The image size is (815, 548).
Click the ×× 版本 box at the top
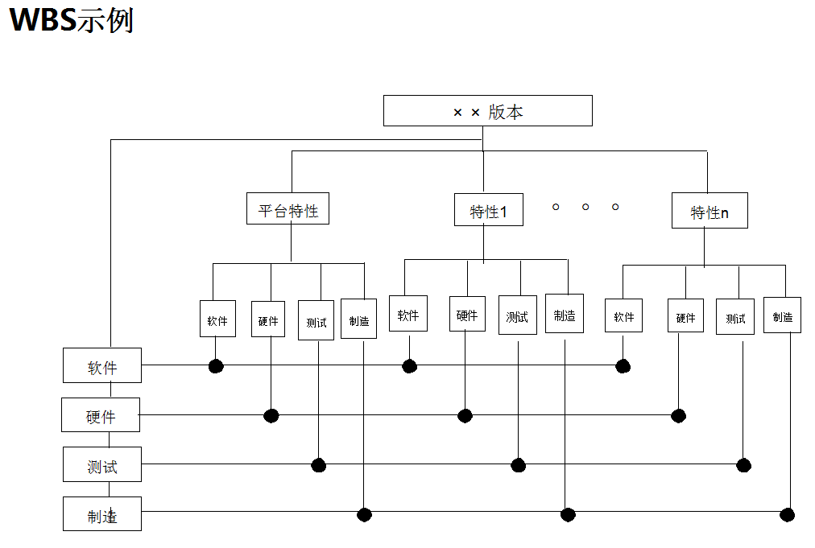pos(487,111)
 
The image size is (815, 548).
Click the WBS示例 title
pos(71,21)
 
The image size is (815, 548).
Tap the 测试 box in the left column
pos(102,464)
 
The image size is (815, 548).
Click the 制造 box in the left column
pos(102,513)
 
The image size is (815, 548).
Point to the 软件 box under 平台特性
pos(217,319)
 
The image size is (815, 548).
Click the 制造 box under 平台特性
pos(358,319)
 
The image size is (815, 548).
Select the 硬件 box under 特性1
pos(467,314)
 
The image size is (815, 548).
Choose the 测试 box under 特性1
pos(516,315)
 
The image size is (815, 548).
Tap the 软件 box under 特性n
pos(623,315)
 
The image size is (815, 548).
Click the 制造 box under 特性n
pos(782,315)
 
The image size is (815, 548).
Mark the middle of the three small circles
pos(585,207)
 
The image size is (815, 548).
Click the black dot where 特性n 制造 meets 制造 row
pos(788,515)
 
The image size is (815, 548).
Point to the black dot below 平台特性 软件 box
pos(215,366)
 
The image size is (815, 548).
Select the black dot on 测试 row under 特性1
pos(518,465)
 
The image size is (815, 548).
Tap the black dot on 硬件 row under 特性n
pos(678,415)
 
